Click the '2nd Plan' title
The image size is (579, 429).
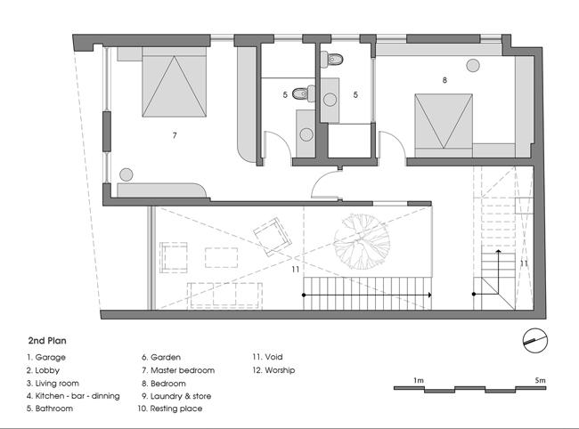point(47,341)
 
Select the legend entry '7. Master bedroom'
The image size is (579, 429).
point(178,370)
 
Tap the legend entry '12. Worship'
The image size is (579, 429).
point(273,370)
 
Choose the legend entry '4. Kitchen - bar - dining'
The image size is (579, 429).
point(73,396)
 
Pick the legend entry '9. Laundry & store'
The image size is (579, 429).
point(176,396)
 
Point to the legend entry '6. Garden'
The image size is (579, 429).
point(161,357)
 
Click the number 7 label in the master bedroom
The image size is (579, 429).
point(175,136)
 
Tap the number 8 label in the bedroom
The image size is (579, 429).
point(444,80)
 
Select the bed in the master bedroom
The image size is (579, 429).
point(174,82)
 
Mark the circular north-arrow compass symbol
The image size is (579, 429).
point(535,341)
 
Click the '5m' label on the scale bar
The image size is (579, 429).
point(540,380)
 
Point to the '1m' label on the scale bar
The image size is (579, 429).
point(419,380)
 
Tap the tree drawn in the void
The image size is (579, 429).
point(362,241)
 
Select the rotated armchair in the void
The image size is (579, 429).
point(273,237)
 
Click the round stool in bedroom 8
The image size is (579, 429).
point(473,66)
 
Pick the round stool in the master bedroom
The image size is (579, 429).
point(126,174)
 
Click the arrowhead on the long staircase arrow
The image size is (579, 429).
point(429,295)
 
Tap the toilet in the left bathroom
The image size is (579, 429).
point(304,93)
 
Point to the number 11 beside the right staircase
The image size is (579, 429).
point(524,263)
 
